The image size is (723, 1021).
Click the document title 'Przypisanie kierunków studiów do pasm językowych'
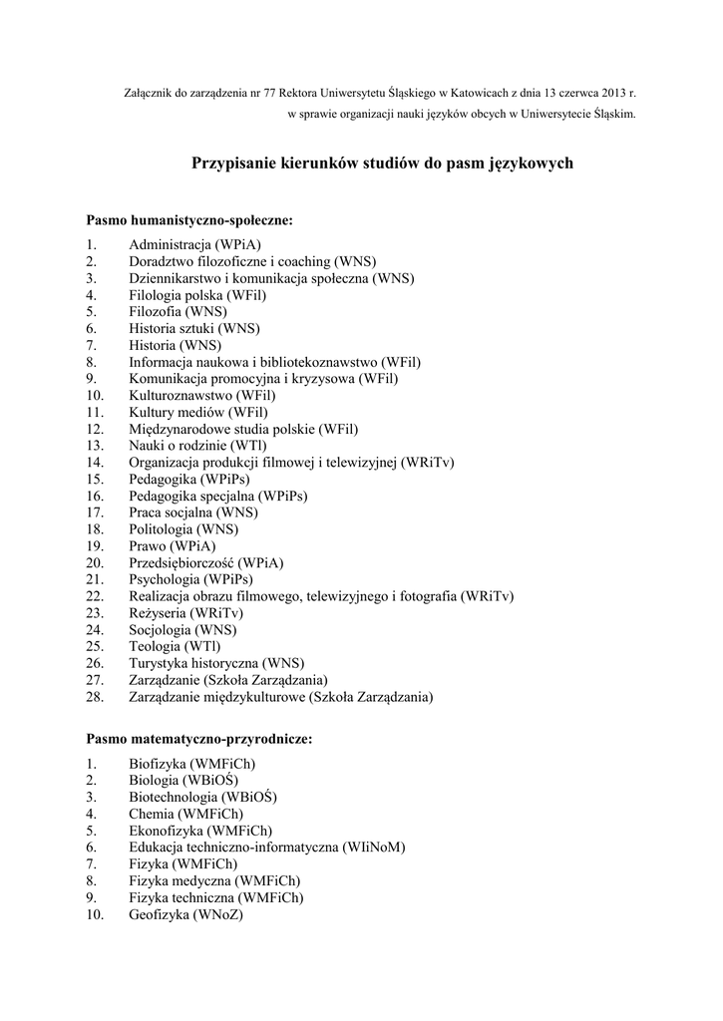click(382, 163)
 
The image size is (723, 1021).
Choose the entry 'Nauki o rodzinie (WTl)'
click(198, 446)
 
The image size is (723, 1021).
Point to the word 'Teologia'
click(155, 647)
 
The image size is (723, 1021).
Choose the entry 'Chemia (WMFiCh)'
click(185, 814)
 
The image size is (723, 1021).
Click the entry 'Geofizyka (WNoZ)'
click(185, 914)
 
